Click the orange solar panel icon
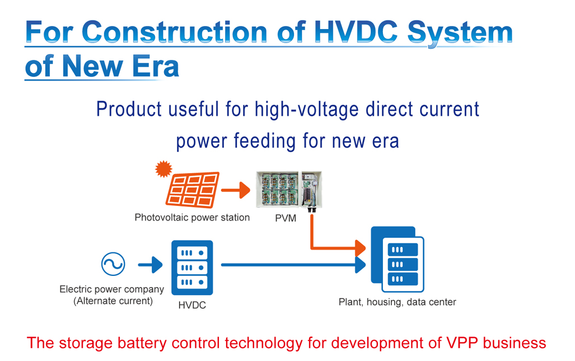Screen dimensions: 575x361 [193, 190]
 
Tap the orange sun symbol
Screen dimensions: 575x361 [163, 168]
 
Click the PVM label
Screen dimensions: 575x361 [286, 218]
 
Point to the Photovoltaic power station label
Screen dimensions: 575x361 [192, 217]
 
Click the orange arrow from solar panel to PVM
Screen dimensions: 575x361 [236, 190]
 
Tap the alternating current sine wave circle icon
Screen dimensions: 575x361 [113, 264]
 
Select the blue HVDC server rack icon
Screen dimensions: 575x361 [192, 268]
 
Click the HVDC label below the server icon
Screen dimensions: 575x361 [192, 305]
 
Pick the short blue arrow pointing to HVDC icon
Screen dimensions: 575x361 [151, 265]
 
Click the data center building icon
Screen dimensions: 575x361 [398, 259]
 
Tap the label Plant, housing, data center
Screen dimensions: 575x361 [397, 302]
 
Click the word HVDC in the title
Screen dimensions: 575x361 [356, 32]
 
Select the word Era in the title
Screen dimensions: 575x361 [155, 67]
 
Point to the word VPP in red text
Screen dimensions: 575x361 [462, 343]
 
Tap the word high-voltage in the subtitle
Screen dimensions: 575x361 [307, 109]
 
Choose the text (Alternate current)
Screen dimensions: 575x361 [113, 301]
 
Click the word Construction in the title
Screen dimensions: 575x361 [175, 32]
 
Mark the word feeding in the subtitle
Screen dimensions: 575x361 [264, 142]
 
